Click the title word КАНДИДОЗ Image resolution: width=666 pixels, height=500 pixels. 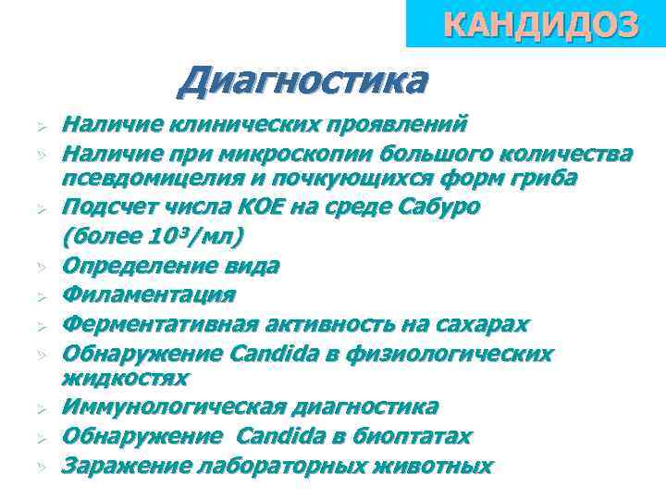tap(541, 26)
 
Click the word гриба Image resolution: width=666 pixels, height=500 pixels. tap(544, 177)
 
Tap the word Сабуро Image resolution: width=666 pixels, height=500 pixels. tap(442, 206)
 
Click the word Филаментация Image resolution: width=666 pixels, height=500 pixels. tap(148, 294)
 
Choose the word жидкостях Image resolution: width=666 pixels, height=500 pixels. tap(125, 378)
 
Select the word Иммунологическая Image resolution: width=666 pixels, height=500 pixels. tap(172, 406)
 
